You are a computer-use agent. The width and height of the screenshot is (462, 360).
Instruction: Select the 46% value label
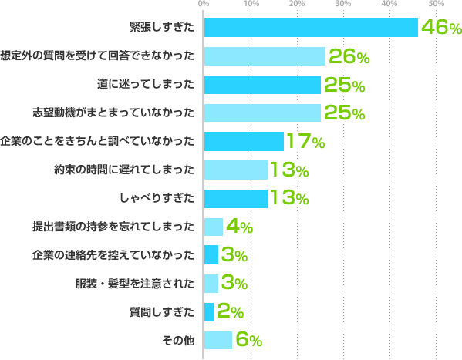pos(440,29)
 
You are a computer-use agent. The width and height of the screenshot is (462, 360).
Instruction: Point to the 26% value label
pos(348,56)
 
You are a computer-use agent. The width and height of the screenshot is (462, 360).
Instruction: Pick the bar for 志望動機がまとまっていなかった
pos(262,113)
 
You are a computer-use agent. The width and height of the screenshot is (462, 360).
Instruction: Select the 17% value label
pos(305,141)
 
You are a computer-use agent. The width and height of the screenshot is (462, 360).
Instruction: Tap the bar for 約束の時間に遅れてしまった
pos(235,170)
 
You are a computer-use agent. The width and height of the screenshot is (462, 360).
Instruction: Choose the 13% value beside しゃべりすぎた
pos(288,198)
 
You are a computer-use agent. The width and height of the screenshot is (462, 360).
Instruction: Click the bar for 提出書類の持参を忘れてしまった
pos(214,227)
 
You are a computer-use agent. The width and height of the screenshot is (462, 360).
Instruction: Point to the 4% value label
pos(239,227)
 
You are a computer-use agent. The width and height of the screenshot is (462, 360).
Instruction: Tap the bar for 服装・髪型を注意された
pos(211,283)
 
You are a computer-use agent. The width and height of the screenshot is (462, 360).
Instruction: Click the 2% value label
pos(230,311)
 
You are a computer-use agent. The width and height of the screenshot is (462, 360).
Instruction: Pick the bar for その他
pos(218,340)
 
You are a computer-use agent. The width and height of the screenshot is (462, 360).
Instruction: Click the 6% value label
pos(248,340)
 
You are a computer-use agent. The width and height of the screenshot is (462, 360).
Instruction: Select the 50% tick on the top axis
pos(437,5)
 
